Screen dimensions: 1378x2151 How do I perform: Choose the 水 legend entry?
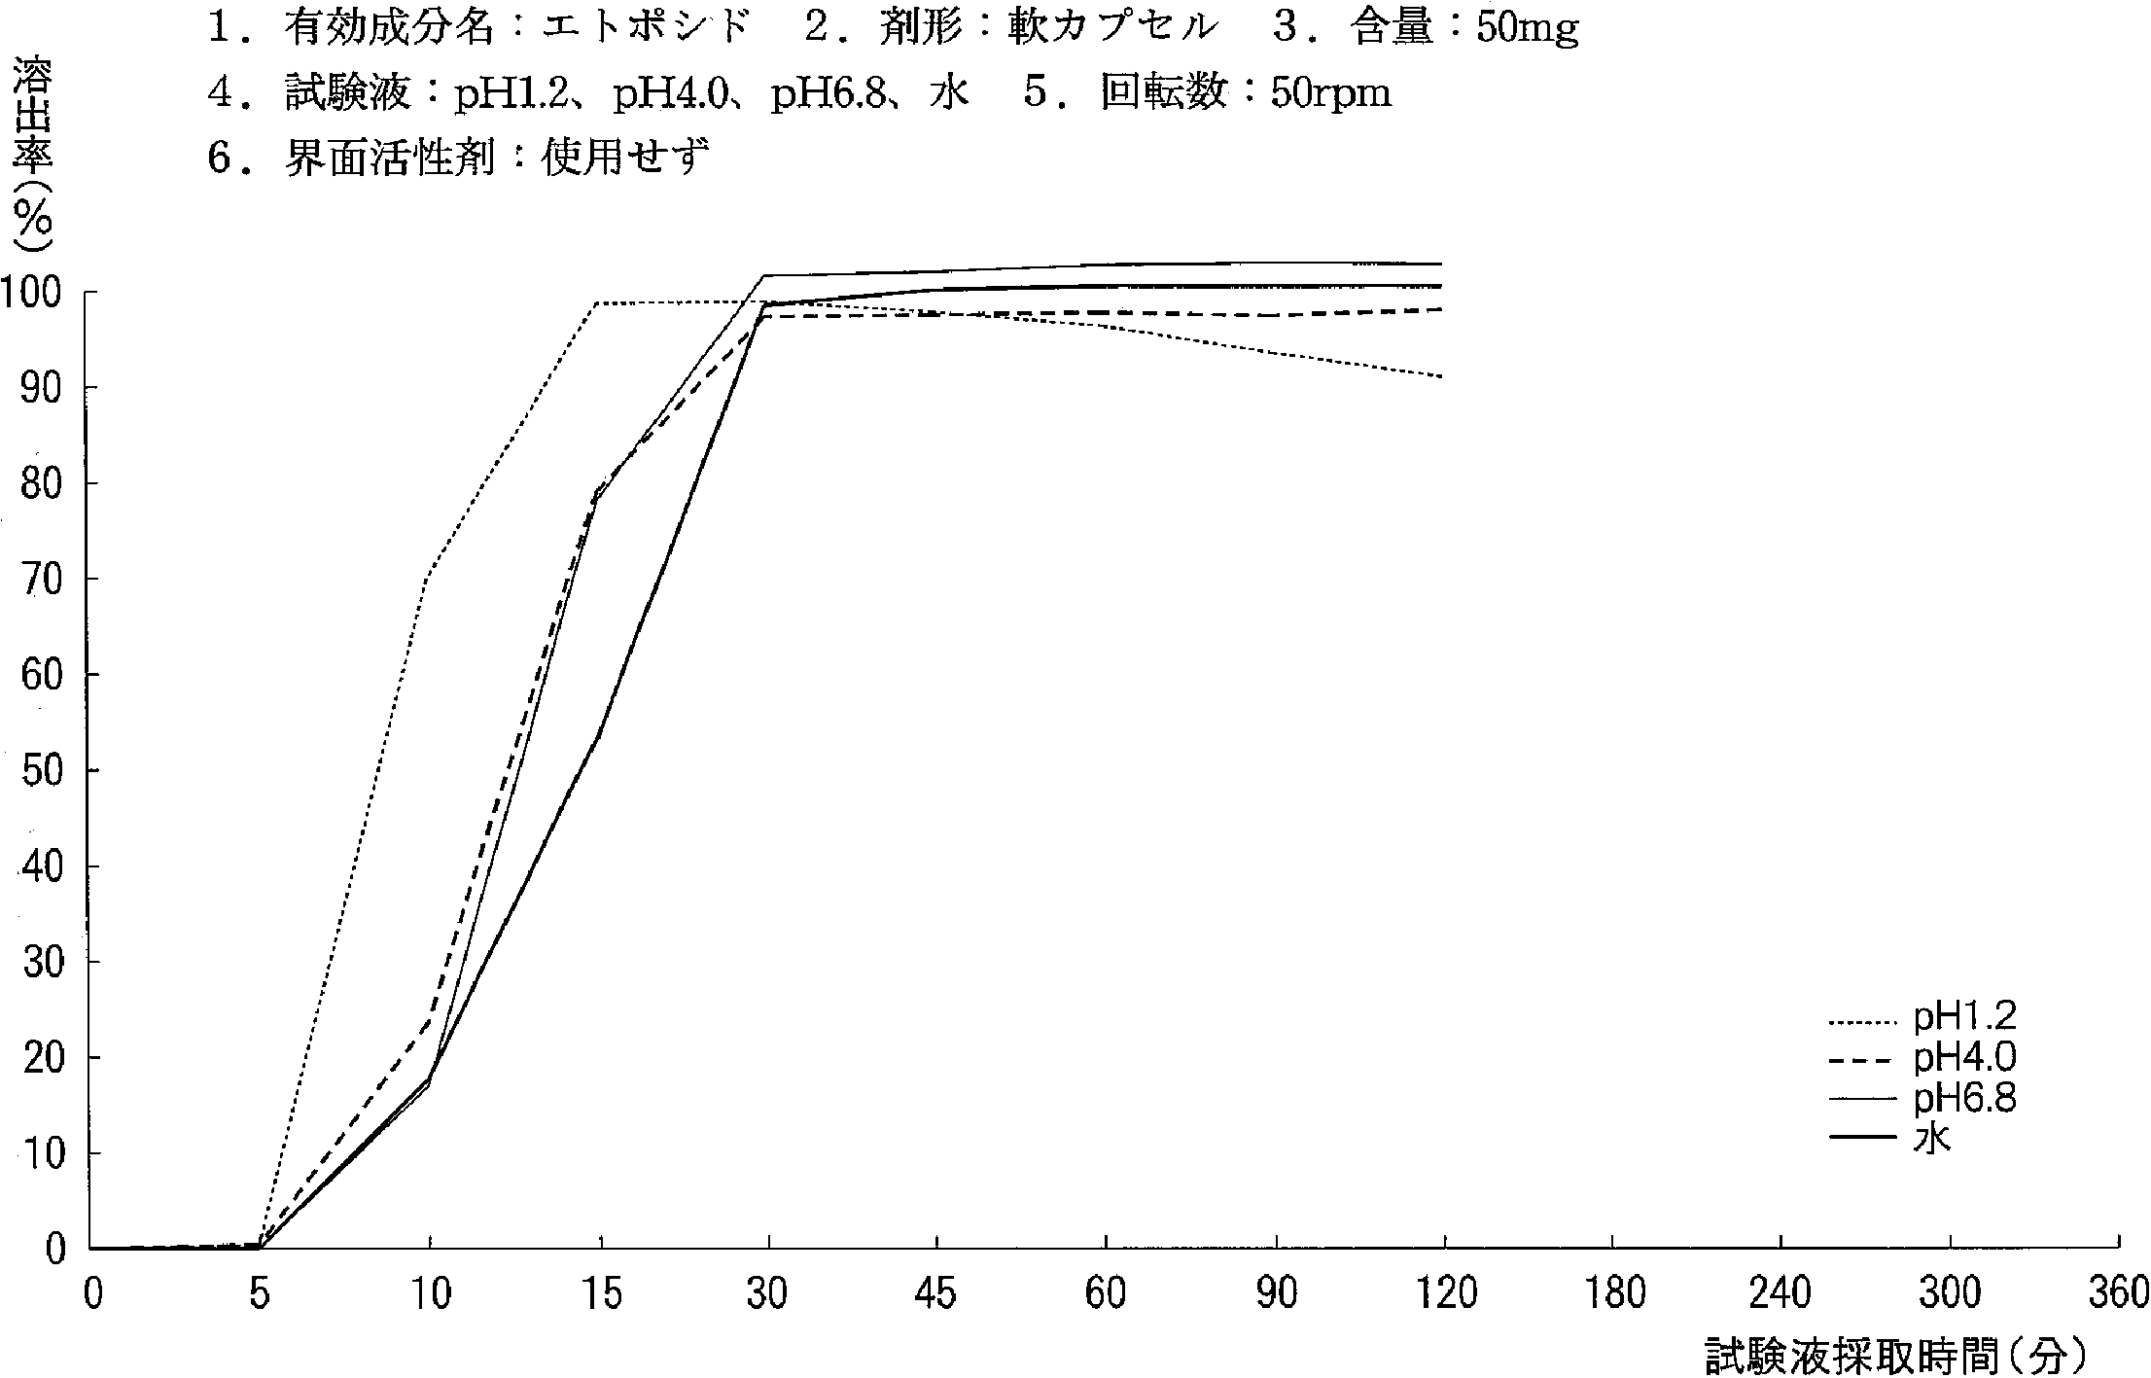pos(1932,1139)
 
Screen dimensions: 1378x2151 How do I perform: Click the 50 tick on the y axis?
pos(41,771)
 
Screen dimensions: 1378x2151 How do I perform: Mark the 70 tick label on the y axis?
pos(41,580)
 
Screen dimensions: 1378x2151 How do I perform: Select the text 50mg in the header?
pos(1527,29)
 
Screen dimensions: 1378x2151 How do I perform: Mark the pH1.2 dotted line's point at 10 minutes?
pos(430,578)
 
